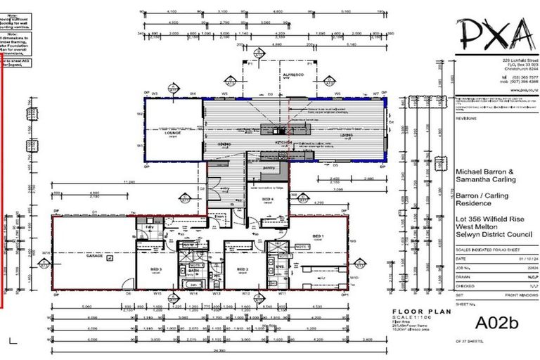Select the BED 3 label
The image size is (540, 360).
click(155, 269)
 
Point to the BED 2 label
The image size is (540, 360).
click(243, 269)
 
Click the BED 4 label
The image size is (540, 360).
click(267, 200)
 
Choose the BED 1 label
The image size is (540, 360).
click(317, 236)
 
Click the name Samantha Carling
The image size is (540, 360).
click(486, 179)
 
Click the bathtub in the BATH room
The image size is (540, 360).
click(192, 283)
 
